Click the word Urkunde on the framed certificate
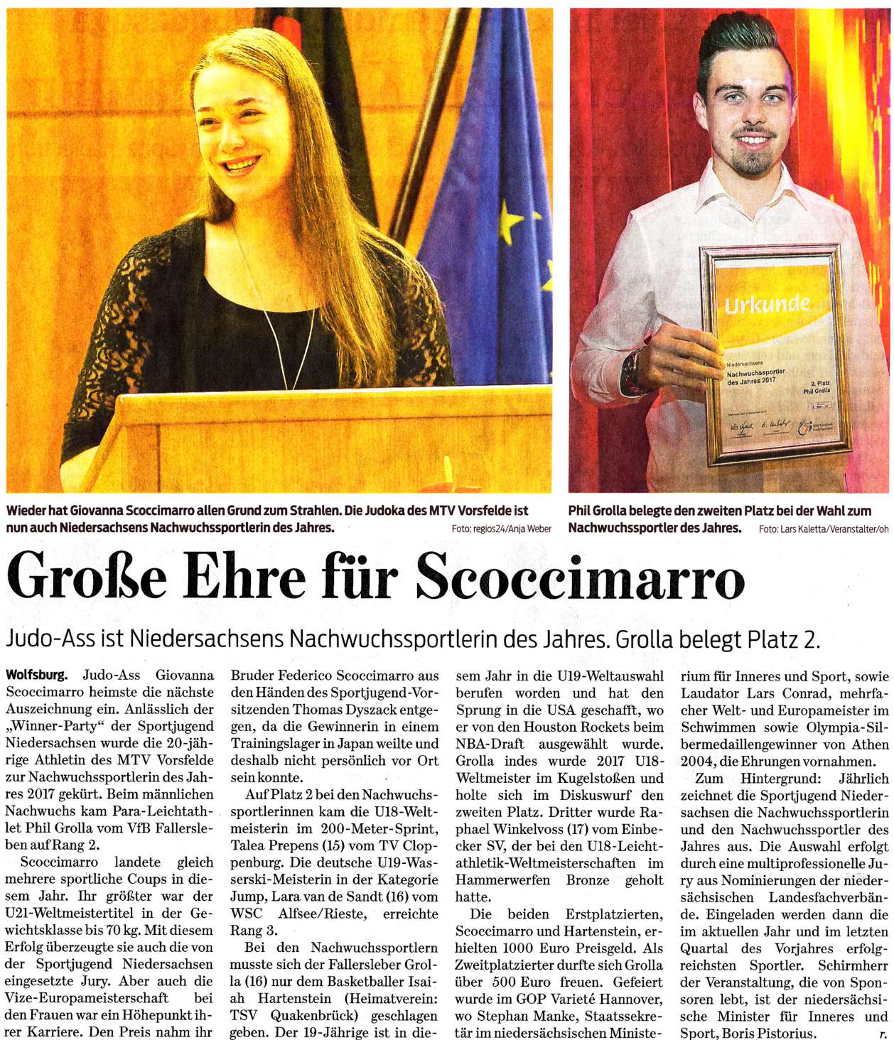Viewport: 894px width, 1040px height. pos(766,305)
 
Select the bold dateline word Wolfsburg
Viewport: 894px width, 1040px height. pos(37,675)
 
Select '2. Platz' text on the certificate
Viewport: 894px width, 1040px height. pos(819,383)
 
